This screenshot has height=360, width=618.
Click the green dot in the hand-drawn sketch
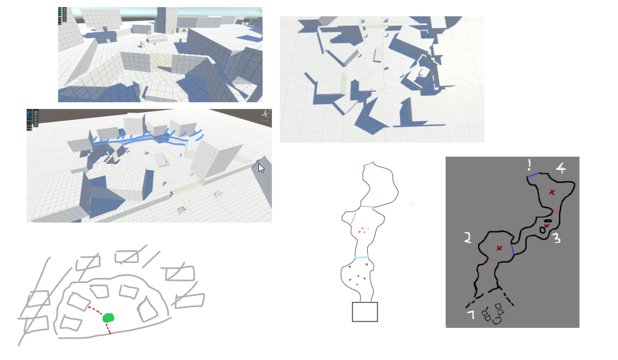(108, 318)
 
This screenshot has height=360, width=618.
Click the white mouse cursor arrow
(261, 168)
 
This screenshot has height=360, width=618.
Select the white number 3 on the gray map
(557, 238)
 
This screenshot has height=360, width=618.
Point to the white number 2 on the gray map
(467, 237)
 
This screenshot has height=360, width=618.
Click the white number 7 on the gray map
(471, 315)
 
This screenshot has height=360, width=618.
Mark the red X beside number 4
(551, 192)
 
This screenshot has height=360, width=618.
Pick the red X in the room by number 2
(499, 248)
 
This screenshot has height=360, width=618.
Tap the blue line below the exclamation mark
(533, 175)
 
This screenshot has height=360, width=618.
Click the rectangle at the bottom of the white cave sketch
(365, 312)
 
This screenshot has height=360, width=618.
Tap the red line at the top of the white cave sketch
(369, 164)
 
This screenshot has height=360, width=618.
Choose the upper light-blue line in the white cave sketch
(367, 207)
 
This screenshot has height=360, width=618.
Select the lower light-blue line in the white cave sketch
(361, 258)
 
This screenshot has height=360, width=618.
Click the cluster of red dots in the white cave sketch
(363, 230)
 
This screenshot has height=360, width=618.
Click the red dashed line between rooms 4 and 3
(556, 211)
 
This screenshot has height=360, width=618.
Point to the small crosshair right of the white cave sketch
(411, 204)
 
